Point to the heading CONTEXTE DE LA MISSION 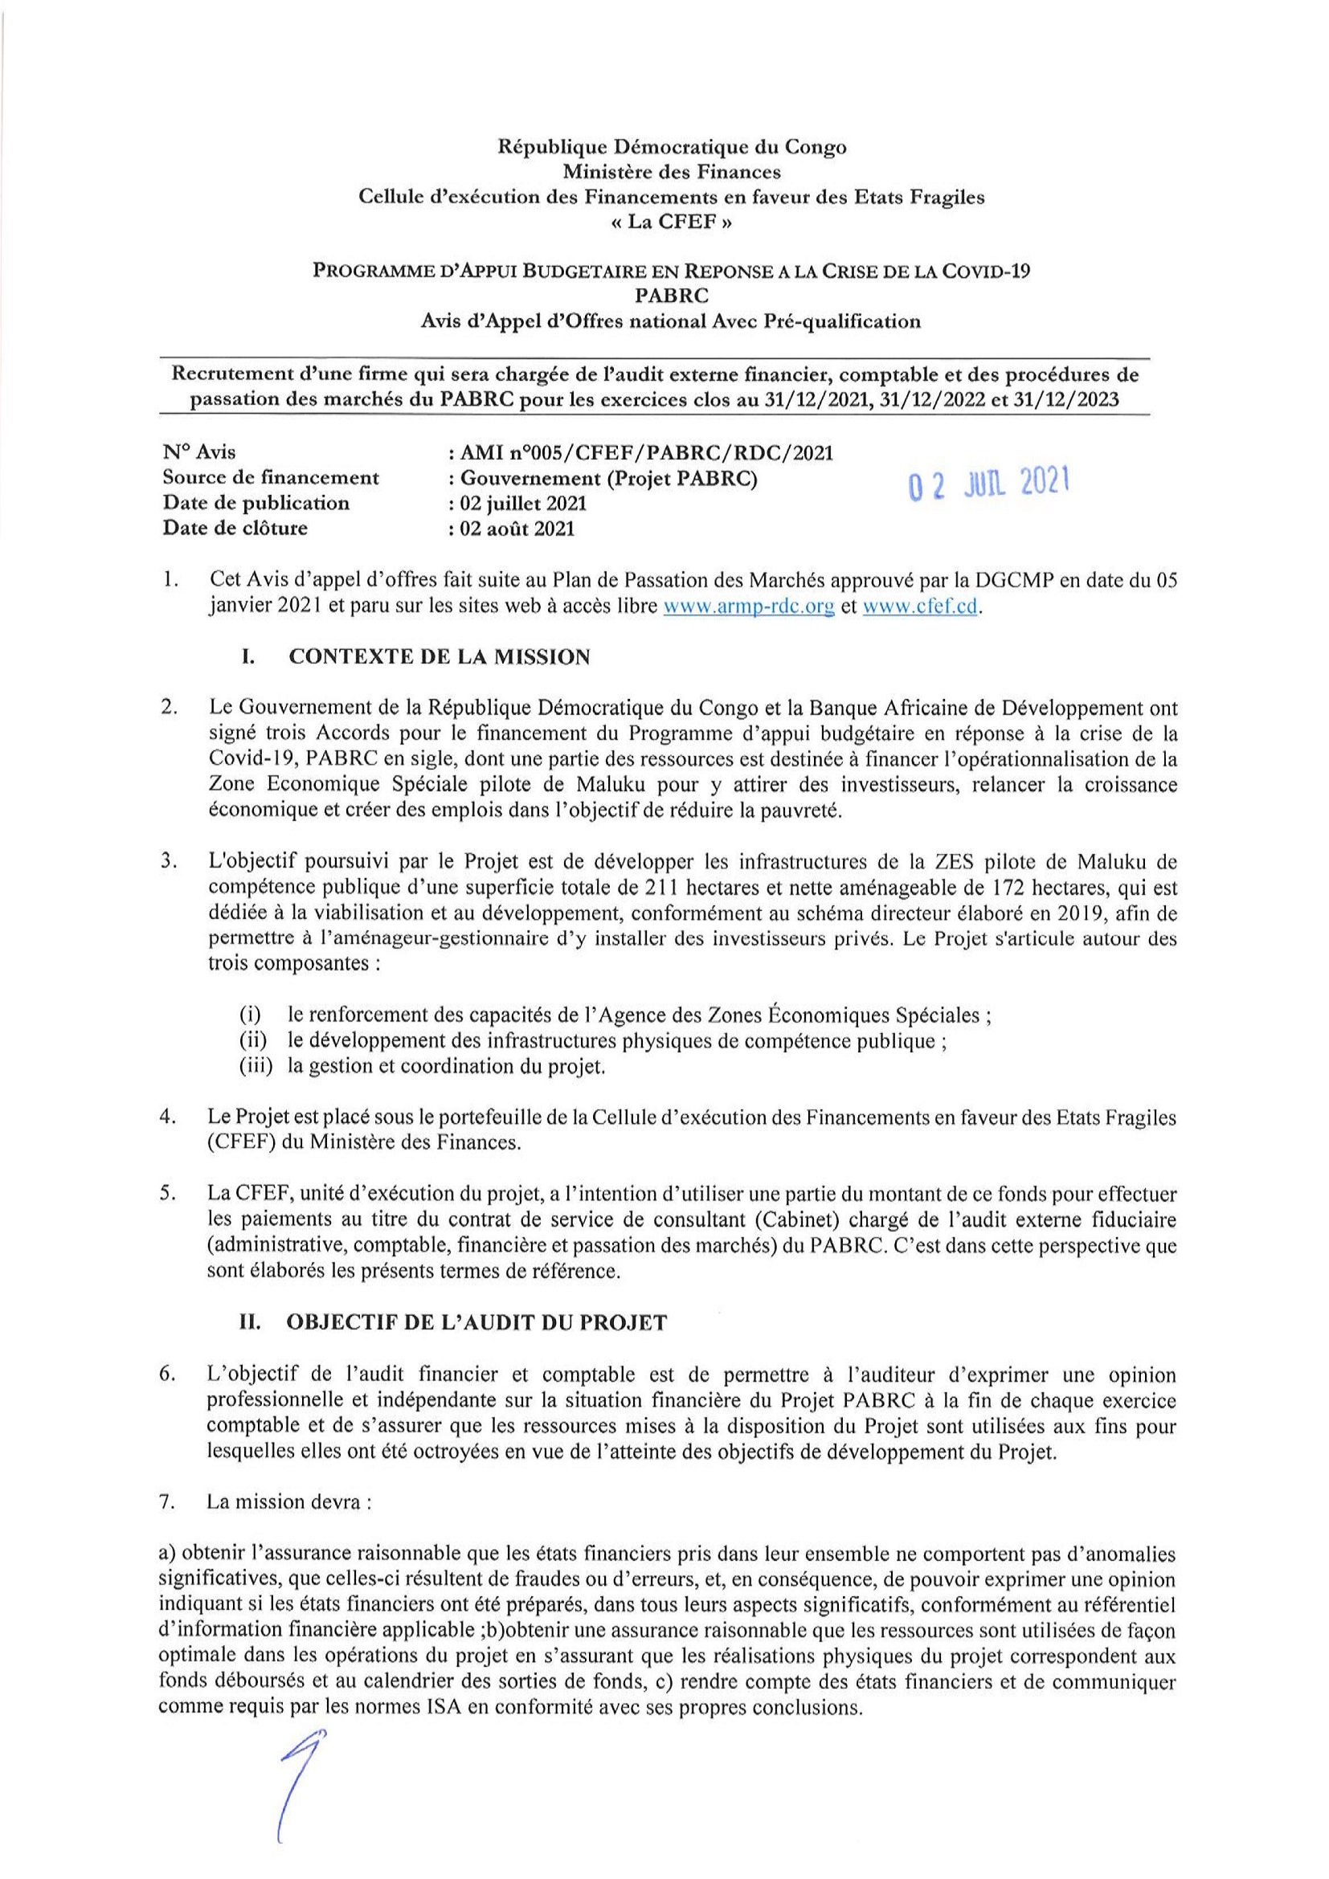pyautogui.click(x=440, y=657)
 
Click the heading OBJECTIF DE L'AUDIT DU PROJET pyautogui.click(x=478, y=1323)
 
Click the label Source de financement pyautogui.click(x=271, y=478)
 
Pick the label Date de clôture pyautogui.click(x=235, y=529)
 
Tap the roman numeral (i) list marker pyautogui.click(x=250, y=1015)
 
